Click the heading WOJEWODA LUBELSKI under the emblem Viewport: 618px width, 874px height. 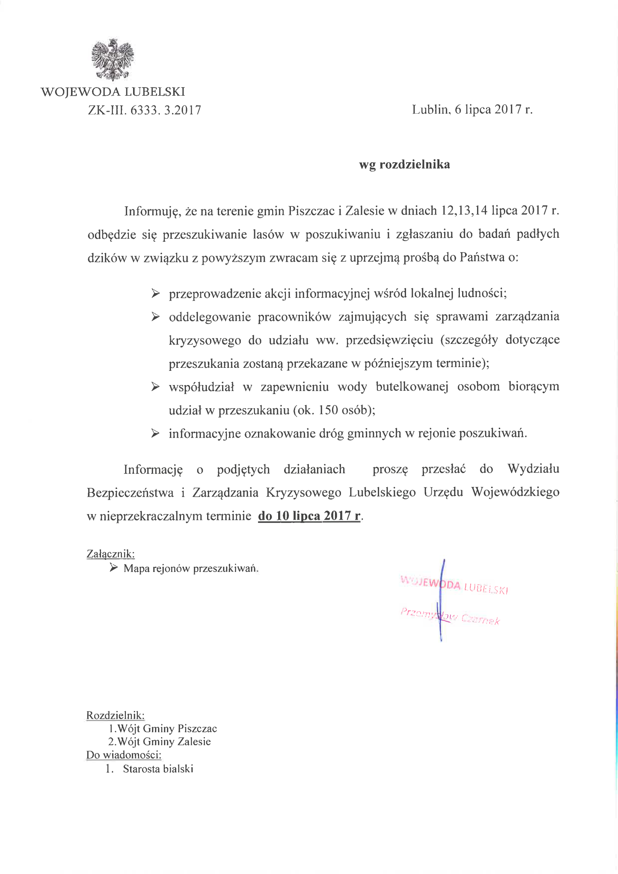click(x=113, y=92)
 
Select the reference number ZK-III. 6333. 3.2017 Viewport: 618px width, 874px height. click(x=144, y=110)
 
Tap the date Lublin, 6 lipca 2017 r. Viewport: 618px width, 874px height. click(x=472, y=110)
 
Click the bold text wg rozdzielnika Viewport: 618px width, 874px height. click(x=405, y=164)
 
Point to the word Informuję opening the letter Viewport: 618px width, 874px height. click(x=151, y=211)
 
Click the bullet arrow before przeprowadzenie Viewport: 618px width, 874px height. click(x=156, y=293)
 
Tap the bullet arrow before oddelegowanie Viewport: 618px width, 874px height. click(x=156, y=317)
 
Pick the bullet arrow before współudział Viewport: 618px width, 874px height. click(x=156, y=387)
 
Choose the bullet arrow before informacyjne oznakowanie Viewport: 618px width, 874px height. click(x=156, y=433)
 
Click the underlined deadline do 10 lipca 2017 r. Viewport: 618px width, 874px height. click(x=309, y=516)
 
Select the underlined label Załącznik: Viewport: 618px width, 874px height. click(x=110, y=554)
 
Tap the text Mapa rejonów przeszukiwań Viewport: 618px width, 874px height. click(x=191, y=569)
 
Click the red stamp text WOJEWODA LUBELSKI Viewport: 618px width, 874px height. click(x=454, y=585)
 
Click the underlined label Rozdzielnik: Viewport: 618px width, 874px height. click(x=116, y=715)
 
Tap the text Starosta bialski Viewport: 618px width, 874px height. click(x=158, y=769)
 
